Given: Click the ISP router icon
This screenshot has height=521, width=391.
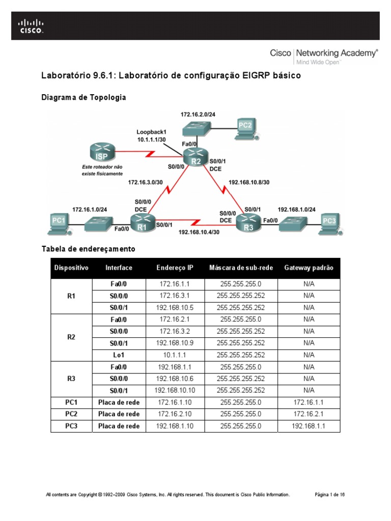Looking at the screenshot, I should [x=101, y=152].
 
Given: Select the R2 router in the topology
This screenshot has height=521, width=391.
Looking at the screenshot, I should [x=195, y=157].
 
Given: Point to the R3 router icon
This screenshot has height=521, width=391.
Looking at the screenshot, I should [x=248, y=223].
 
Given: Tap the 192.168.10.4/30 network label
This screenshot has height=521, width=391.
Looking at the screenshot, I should [x=199, y=232].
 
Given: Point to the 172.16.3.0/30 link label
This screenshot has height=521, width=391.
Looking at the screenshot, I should [x=145, y=181].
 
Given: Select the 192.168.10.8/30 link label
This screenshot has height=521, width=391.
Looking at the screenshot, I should [x=249, y=181].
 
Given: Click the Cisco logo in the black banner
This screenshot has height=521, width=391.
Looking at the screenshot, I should [x=32, y=26].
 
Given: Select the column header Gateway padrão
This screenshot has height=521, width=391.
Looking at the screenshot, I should [x=309, y=268].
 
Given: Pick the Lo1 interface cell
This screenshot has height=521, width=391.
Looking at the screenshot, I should [x=119, y=355].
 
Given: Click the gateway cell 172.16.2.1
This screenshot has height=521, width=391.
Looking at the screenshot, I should [x=309, y=414].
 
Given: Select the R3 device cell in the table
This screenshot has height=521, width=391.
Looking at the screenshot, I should [x=71, y=379].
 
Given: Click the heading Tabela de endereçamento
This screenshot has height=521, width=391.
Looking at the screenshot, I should [x=88, y=249].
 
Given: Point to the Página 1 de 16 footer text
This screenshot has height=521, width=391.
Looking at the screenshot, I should [x=330, y=495].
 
